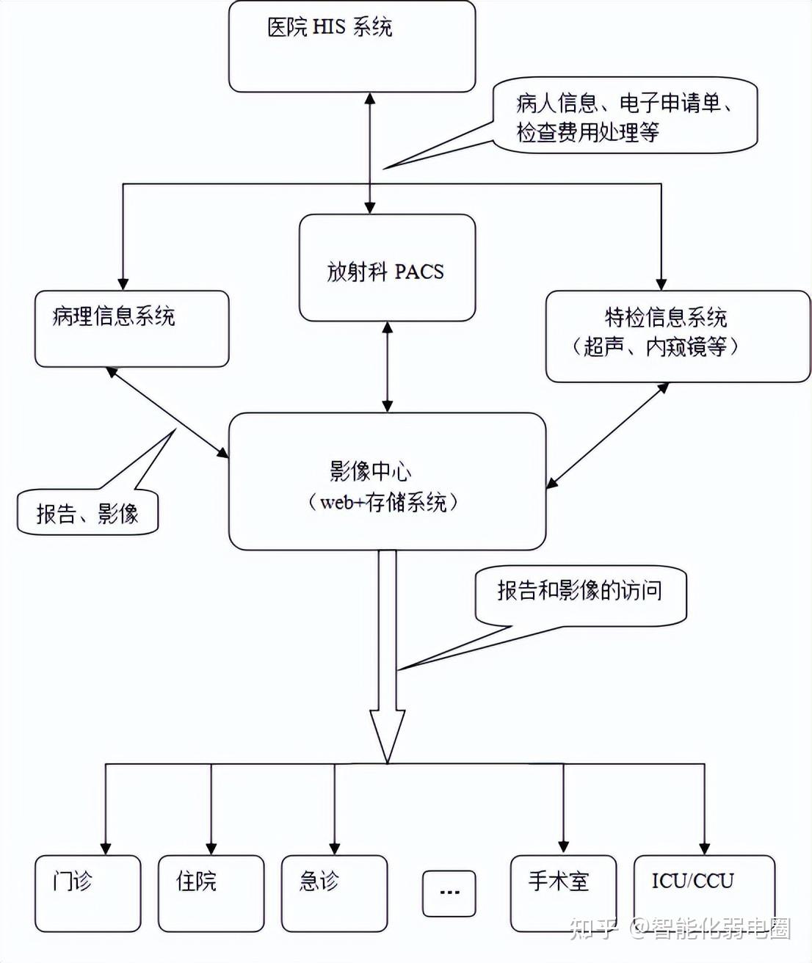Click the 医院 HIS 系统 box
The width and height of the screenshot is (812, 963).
click(352, 46)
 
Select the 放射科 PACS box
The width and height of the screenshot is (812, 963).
click(387, 269)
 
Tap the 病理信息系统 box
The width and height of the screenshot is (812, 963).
click(131, 329)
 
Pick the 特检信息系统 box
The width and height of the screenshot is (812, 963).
click(677, 336)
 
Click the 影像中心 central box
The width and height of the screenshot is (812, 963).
click(387, 481)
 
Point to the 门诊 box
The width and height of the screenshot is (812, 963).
click(87, 893)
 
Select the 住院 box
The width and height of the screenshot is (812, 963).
click(211, 893)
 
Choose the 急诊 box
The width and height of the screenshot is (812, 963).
click(334, 893)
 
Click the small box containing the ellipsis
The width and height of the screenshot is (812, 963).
click(449, 893)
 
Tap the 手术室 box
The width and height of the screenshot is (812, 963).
click(563, 893)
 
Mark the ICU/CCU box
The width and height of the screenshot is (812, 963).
click(703, 892)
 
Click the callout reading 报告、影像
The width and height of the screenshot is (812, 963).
click(87, 512)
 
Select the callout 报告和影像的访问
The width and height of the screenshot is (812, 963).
click(580, 593)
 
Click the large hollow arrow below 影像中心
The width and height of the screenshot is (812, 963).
click(387, 661)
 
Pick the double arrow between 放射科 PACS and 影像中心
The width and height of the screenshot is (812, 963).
click(388, 366)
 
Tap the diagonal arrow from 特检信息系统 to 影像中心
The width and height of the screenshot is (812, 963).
click(607, 435)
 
